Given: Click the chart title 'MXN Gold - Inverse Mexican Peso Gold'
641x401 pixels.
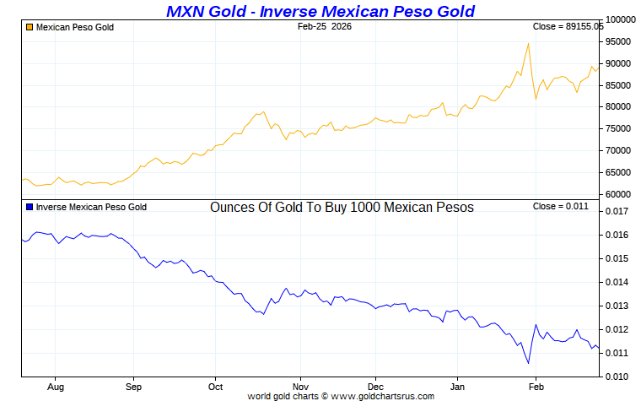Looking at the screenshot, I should click(x=320, y=11).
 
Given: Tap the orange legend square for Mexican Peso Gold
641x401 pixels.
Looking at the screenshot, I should click(x=30, y=28).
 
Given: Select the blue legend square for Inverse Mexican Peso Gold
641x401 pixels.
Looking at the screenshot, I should click(x=30, y=207).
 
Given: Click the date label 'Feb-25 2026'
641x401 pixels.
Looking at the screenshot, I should click(x=325, y=27).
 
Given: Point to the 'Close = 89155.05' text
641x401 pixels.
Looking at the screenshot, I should click(x=568, y=27).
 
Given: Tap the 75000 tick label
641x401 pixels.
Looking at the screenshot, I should click(x=619, y=129).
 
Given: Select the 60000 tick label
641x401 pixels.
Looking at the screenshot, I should click(x=619, y=195).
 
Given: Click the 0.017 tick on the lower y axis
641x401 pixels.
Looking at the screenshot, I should click(x=619, y=211).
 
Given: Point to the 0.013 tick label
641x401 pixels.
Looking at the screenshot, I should click(x=619, y=306).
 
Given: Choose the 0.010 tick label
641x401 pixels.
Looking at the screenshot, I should click(x=619, y=377).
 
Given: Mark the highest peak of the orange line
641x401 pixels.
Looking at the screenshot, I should click(x=528, y=43).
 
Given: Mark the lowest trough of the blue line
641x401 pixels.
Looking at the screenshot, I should click(x=528, y=364).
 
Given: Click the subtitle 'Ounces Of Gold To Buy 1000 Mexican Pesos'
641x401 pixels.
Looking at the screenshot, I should click(x=342, y=208).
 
